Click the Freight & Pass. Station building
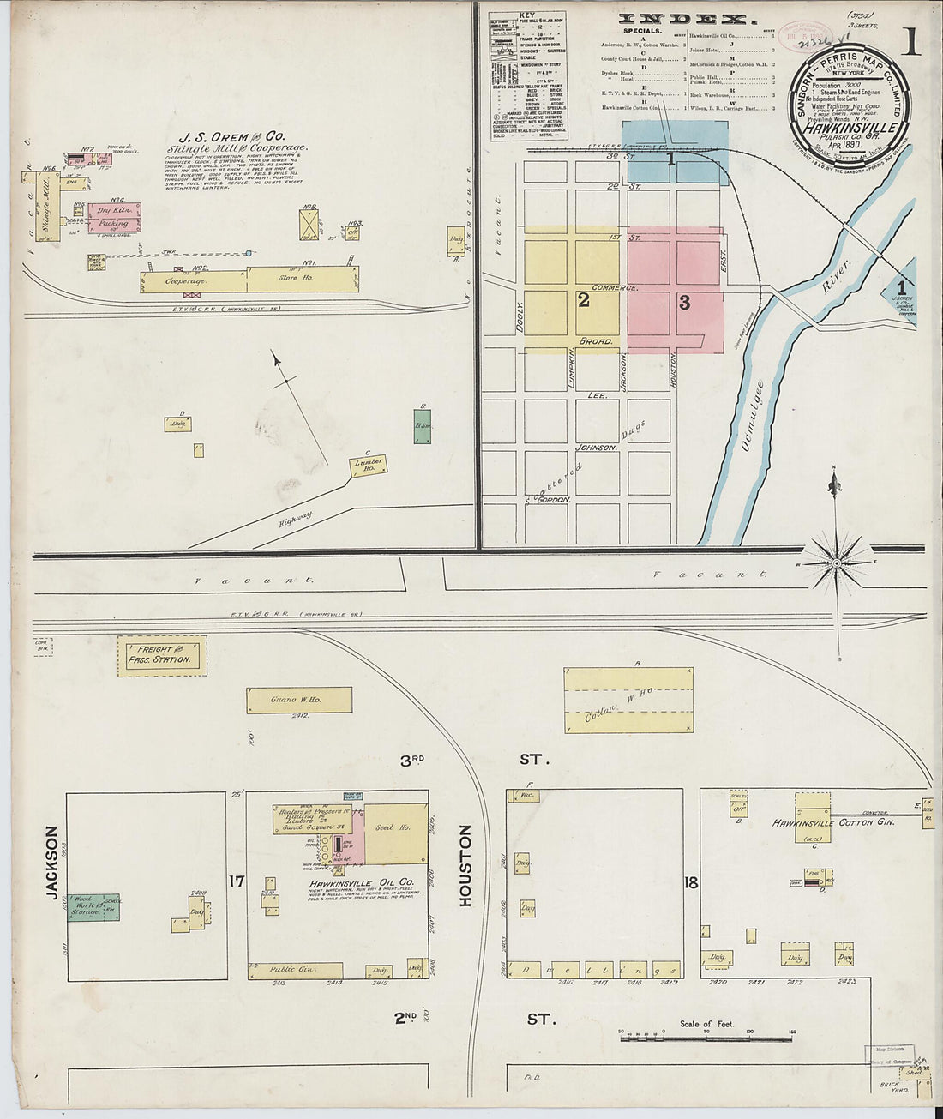tap(162, 656)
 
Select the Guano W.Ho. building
tap(299, 700)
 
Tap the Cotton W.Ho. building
tap(628, 701)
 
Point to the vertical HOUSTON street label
tap(465, 865)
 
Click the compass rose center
tap(837, 563)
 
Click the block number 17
tap(237, 881)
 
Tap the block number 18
tap(692, 881)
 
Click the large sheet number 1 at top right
tap(910, 43)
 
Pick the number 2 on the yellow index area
tap(583, 300)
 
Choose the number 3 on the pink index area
tap(684, 302)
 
